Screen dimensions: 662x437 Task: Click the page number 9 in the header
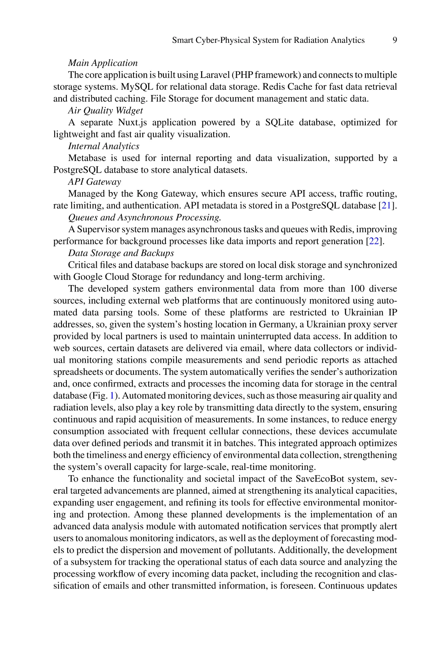click(x=395, y=40)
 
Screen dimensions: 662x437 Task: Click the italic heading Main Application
click(x=103, y=63)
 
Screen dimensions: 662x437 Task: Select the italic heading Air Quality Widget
click(x=105, y=110)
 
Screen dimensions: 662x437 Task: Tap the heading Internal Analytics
click(x=104, y=146)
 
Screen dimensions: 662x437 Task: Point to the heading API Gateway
click(x=94, y=182)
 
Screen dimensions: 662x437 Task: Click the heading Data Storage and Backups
click(x=121, y=253)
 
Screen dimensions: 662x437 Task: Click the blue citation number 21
click(x=386, y=205)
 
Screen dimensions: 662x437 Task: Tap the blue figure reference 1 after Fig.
click(x=112, y=396)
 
